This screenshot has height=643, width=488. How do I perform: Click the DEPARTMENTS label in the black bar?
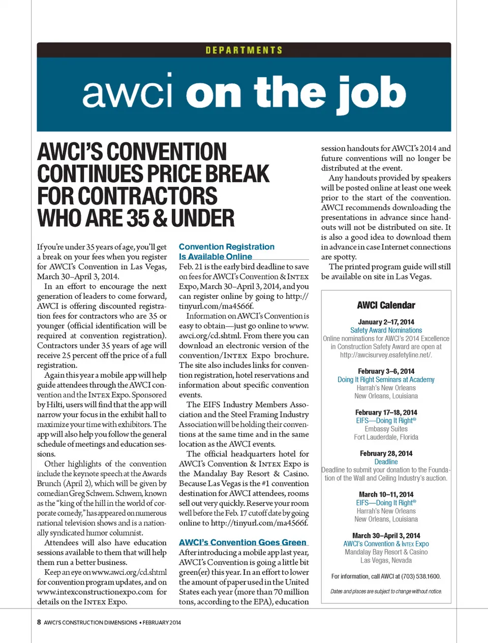click(244, 50)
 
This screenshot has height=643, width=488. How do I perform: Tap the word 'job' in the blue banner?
click(371, 95)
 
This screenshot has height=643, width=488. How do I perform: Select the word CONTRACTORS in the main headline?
click(128, 196)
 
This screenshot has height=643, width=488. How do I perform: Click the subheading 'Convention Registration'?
click(226, 247)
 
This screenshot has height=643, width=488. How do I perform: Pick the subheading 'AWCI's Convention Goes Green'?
click(242, 542)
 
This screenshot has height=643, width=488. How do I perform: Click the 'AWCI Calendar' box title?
click(386, 305)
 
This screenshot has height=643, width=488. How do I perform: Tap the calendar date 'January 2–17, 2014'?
click(386, 322)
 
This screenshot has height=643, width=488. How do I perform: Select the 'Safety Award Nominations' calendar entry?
click(386, 330)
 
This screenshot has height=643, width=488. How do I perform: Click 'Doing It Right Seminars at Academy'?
click(386, 379)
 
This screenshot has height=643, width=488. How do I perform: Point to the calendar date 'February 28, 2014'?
click(386, 453)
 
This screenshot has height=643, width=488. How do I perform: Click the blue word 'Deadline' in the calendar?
click(386, 462)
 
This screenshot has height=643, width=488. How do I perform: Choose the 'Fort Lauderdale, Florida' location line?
click(386, 437)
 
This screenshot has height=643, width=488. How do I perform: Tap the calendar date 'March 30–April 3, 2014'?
click(386, 536)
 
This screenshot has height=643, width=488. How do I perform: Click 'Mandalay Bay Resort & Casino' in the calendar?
click(386, 552)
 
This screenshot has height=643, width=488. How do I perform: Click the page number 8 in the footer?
click(39, 622)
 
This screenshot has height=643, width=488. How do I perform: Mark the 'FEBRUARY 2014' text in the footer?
click(162, 622)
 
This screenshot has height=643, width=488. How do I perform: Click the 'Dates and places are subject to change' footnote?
click(386, 591)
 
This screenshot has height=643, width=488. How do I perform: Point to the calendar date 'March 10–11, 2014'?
click(386, 494)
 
